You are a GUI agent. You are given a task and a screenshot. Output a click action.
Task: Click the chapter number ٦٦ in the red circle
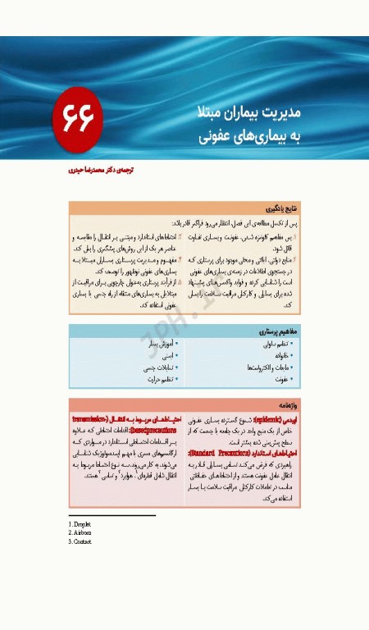pyautogui.click(x=78, y=120)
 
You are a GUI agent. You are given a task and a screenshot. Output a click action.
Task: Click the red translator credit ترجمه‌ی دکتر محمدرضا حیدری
pyautogui.click(x=101, y=171)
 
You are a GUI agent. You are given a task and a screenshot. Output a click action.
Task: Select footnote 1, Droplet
pyautogui.click(x=80, y=523)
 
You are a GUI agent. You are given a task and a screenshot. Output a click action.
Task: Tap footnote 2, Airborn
pyautogui.click(x=80, y=532)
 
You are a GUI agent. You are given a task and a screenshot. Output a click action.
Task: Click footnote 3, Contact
pyautogui.click(x=80, y=541)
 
